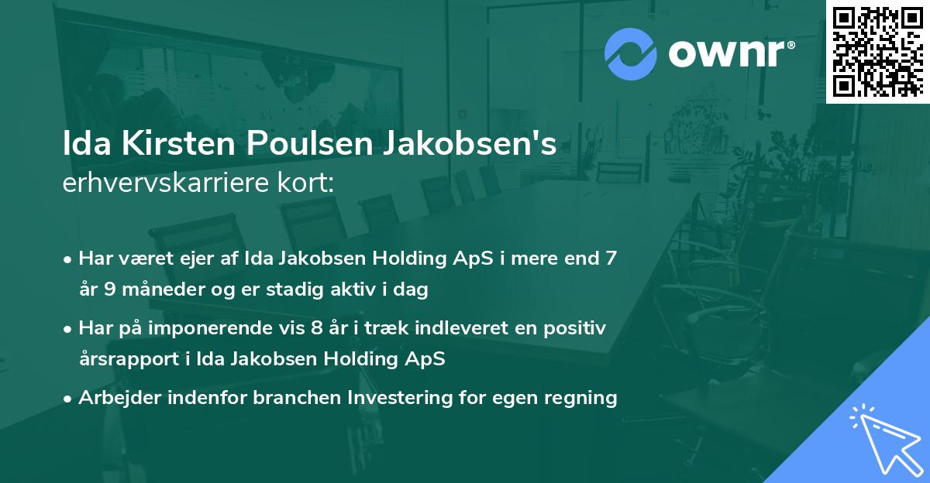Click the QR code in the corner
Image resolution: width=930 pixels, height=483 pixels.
pos(877,52)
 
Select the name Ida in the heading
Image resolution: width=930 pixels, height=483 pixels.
pos(87,145)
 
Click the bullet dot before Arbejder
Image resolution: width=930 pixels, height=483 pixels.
pos(69,399)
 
